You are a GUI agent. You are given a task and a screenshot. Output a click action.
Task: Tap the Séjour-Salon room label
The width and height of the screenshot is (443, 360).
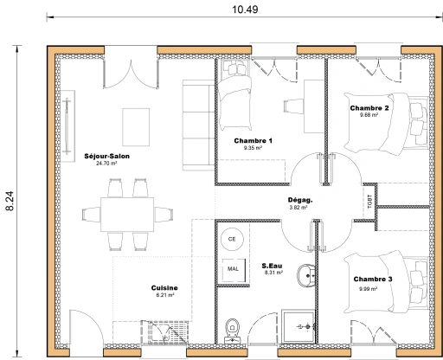coord(106,156)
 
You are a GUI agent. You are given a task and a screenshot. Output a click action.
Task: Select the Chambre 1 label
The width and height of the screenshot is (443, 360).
coord(254,140)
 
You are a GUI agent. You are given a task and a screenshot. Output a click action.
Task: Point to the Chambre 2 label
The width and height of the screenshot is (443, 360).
coord(369,108)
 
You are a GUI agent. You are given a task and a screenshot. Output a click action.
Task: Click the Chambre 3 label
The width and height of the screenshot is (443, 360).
coord(372,280)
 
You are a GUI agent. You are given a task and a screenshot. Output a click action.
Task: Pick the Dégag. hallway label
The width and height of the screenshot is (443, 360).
coord(300,200)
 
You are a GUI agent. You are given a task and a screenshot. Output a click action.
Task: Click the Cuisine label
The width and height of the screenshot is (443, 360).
coord(164,288)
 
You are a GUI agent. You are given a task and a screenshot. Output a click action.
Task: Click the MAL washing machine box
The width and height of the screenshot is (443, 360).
coord(233,269)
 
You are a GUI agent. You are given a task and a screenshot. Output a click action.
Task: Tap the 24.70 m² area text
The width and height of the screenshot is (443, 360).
coord(106,163)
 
